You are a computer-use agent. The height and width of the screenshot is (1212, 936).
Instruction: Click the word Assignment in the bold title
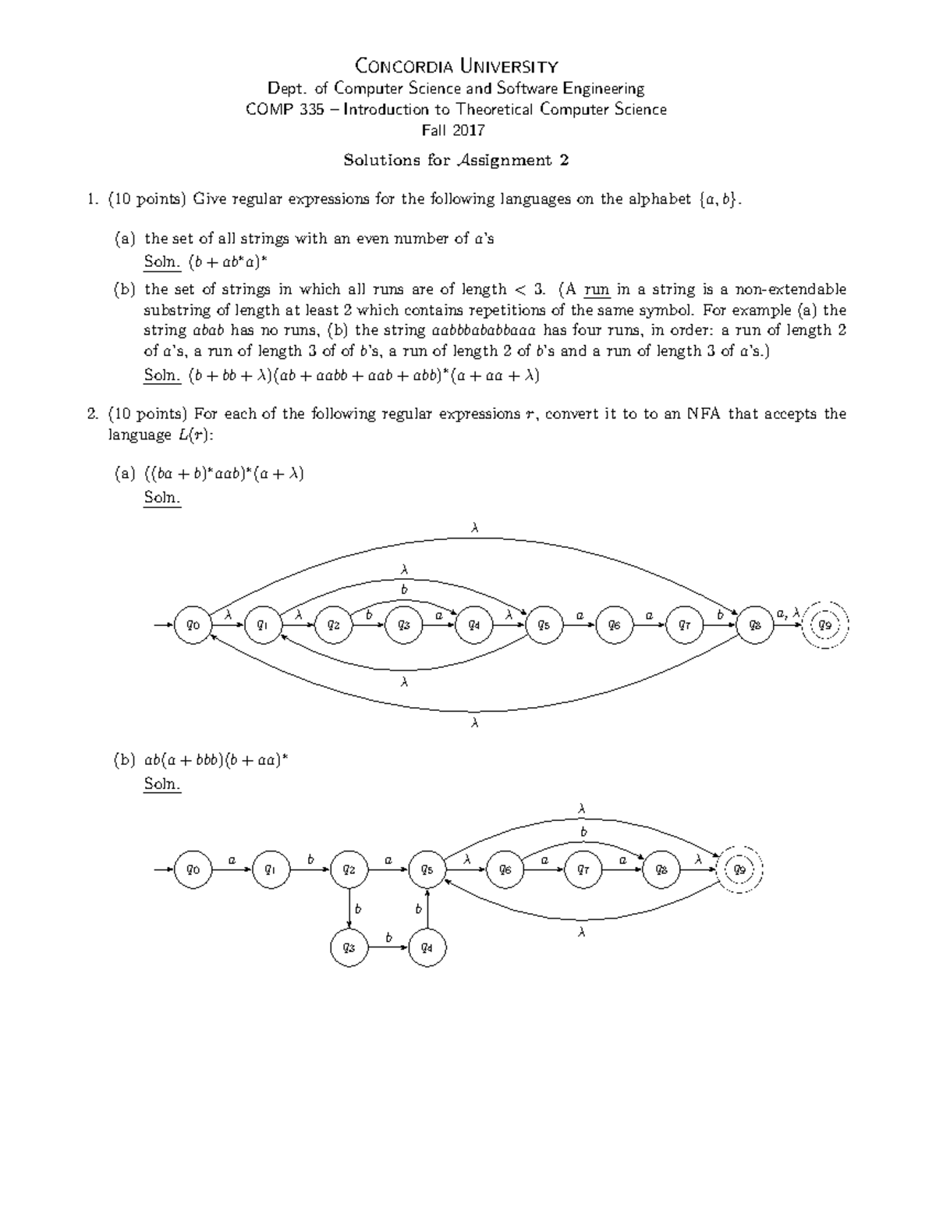[x=504, y=161]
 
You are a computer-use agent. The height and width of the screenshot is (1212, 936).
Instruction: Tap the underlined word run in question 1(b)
[x=596, y=290]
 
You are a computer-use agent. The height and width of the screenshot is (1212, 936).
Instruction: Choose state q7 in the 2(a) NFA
[x=685, y=625]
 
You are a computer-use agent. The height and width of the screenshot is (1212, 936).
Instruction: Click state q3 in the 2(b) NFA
[x=349, y=947]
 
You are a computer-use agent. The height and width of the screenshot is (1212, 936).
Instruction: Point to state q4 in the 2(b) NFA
[x=427, y=947]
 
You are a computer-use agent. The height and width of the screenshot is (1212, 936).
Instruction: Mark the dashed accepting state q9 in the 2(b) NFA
[x=739, y=869]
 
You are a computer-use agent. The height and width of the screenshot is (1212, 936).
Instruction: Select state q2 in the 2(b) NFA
[x=349, y=869]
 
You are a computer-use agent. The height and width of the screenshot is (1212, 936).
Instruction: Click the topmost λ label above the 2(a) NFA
[x=474, y=528]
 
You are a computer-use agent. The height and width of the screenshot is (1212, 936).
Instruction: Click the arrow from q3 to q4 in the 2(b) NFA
[x=388, y=947]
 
